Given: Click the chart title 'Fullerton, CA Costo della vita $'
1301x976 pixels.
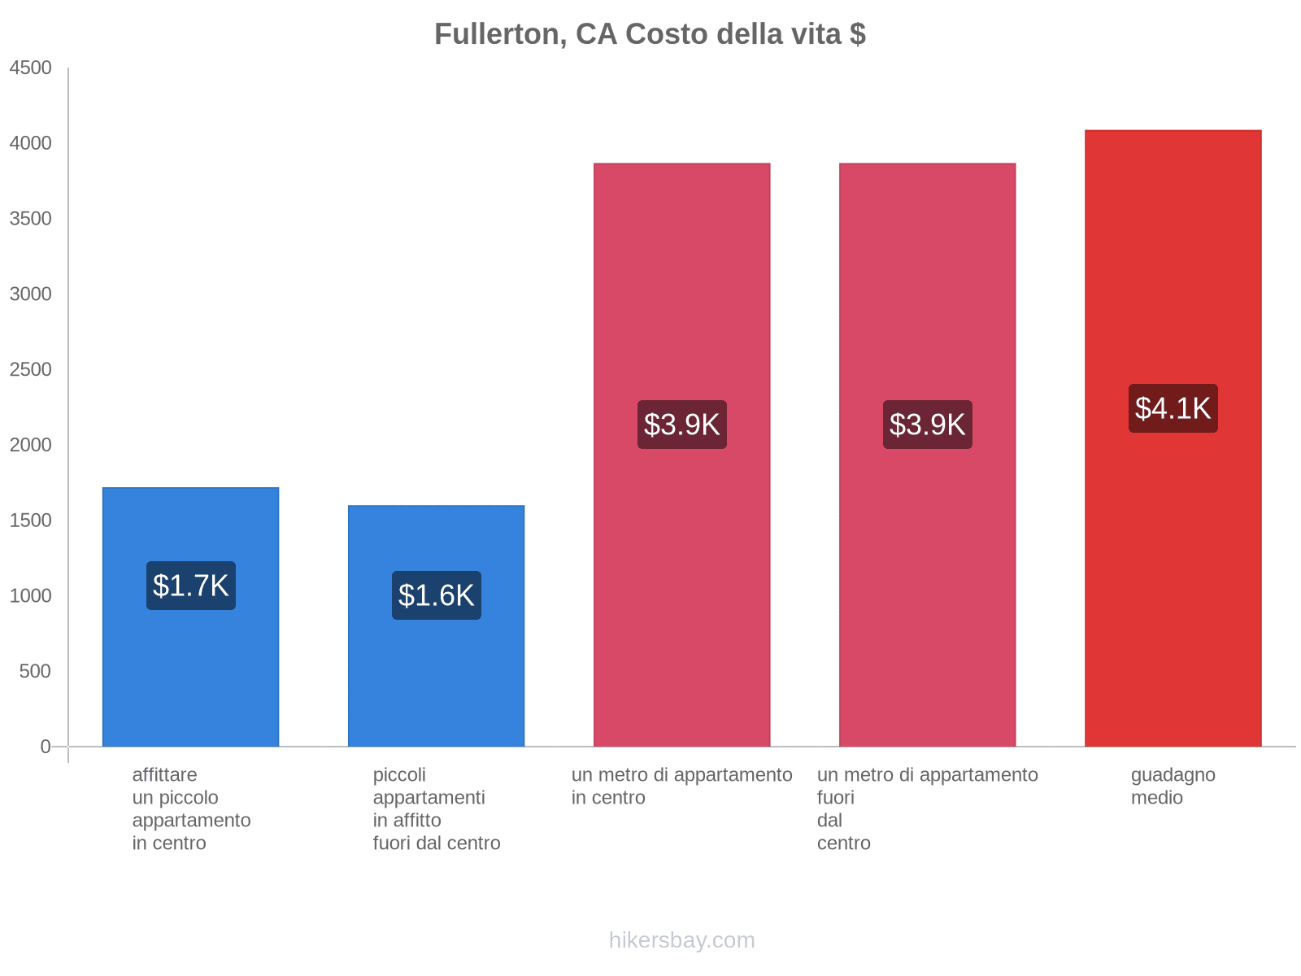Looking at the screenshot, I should point(650,34).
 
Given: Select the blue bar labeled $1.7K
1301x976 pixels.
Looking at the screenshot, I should point(191,667).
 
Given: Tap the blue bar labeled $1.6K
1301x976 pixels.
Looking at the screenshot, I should point(437,683).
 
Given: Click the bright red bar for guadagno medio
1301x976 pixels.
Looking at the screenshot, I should point(1173,569).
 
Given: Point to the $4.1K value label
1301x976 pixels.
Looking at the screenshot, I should point(1173,408).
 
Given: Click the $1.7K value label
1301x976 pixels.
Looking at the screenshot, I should point(191,586).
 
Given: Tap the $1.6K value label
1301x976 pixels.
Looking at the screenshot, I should point(437,595).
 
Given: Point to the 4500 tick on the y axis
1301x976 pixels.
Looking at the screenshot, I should point(31,68).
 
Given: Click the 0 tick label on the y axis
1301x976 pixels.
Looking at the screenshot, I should point(46,747).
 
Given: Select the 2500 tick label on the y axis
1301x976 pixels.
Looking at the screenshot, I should point(31,370).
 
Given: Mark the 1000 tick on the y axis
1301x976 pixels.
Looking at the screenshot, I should point(31,596).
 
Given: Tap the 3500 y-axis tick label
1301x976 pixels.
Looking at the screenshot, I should point(31,219).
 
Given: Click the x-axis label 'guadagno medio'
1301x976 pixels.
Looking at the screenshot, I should point(1173,786).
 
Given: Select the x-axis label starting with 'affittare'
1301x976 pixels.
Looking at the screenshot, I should point(191,808).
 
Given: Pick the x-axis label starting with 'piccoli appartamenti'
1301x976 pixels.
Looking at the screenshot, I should point(437,808).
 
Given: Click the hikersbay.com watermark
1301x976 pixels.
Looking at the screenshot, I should point(681,940).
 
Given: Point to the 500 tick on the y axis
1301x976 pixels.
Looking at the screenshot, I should point(35,672).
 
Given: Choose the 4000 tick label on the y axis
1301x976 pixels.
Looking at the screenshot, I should point(31,144).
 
